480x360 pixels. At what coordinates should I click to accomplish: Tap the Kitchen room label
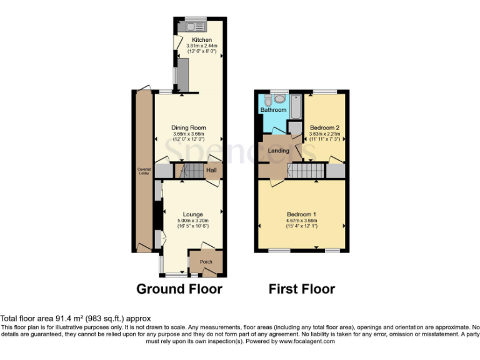[201, 40]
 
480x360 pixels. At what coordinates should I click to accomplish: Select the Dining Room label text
[189, 128]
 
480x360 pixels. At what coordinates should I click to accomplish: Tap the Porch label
[206, 262]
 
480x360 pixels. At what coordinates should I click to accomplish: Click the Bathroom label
[273, 111]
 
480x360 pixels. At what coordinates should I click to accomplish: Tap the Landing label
[279, 151]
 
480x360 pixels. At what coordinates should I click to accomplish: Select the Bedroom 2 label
[324, 127]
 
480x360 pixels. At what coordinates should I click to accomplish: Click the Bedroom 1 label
[302, 214]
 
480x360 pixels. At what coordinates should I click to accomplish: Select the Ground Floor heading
[179, 289]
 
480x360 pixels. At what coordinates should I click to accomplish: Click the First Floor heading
[301, 289]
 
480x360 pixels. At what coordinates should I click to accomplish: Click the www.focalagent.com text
[306, 341]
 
